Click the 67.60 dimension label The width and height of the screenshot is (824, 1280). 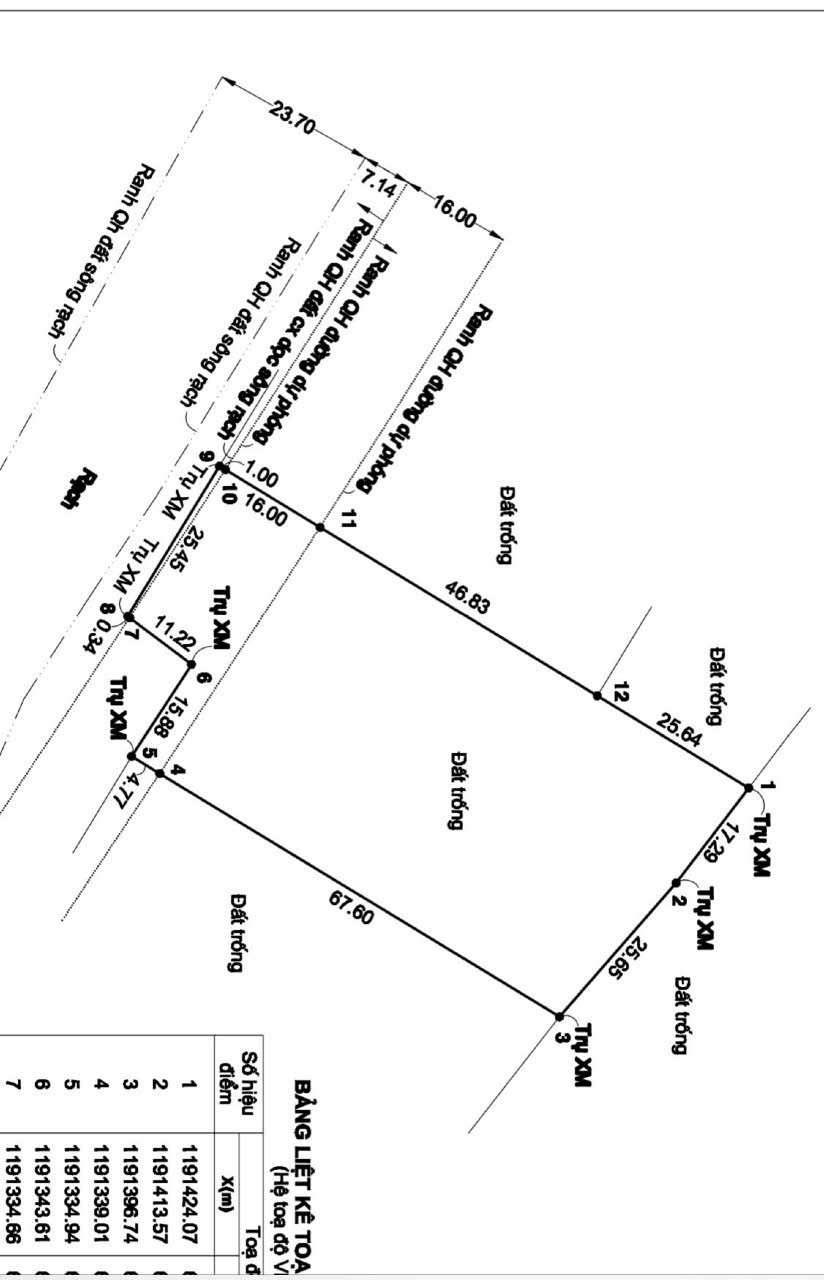coord(351,908)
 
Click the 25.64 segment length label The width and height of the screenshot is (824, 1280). coord(677,735)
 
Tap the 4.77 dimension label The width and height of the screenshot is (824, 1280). coord(128,784)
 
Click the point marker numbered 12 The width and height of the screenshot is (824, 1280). coord(596,695)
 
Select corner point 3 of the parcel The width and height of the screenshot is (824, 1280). coord(560,1016)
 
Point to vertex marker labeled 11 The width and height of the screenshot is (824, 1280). coord(320,527)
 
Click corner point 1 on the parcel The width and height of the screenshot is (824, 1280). coord(749,787)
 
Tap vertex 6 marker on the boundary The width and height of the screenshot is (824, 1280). coord(192,663)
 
